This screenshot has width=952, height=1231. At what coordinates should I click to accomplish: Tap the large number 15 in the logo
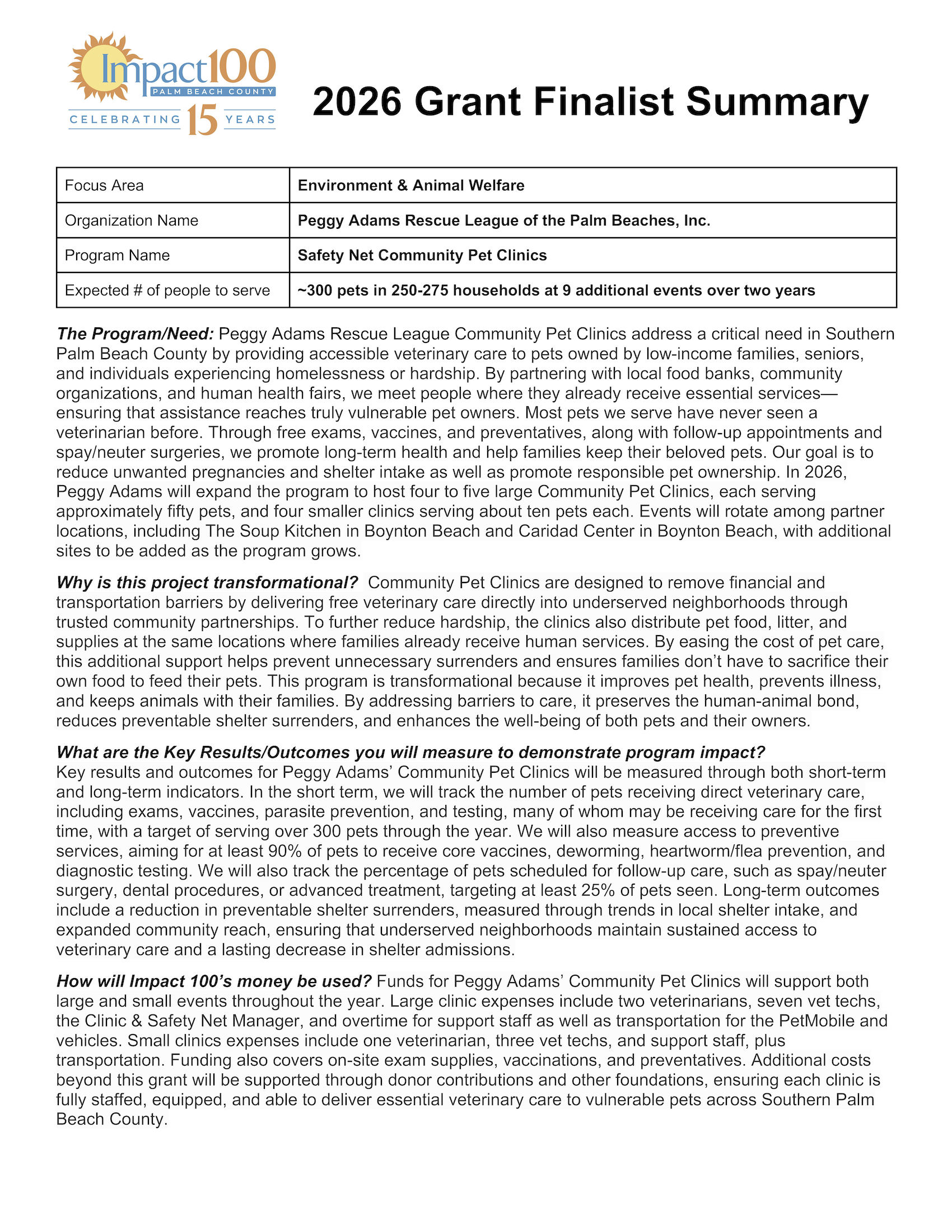point(202,120)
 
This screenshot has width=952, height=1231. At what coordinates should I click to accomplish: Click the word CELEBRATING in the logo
point(125,120)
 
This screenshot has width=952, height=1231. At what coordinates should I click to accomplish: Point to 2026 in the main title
point(357,102)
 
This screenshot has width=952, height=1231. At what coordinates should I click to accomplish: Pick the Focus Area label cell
point(104,185)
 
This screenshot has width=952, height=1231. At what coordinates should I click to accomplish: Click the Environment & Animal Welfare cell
point(410,185)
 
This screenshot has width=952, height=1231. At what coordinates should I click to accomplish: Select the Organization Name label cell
point(132,220)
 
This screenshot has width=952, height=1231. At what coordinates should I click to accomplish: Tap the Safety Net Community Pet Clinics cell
point(422,255)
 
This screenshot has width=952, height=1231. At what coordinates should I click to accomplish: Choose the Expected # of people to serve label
point(167,290)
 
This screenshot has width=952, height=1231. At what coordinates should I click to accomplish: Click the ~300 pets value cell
point(556,290)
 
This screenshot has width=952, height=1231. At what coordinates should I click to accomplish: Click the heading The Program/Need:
point(136,333)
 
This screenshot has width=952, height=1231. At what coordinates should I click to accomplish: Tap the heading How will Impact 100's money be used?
point(214,981)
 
